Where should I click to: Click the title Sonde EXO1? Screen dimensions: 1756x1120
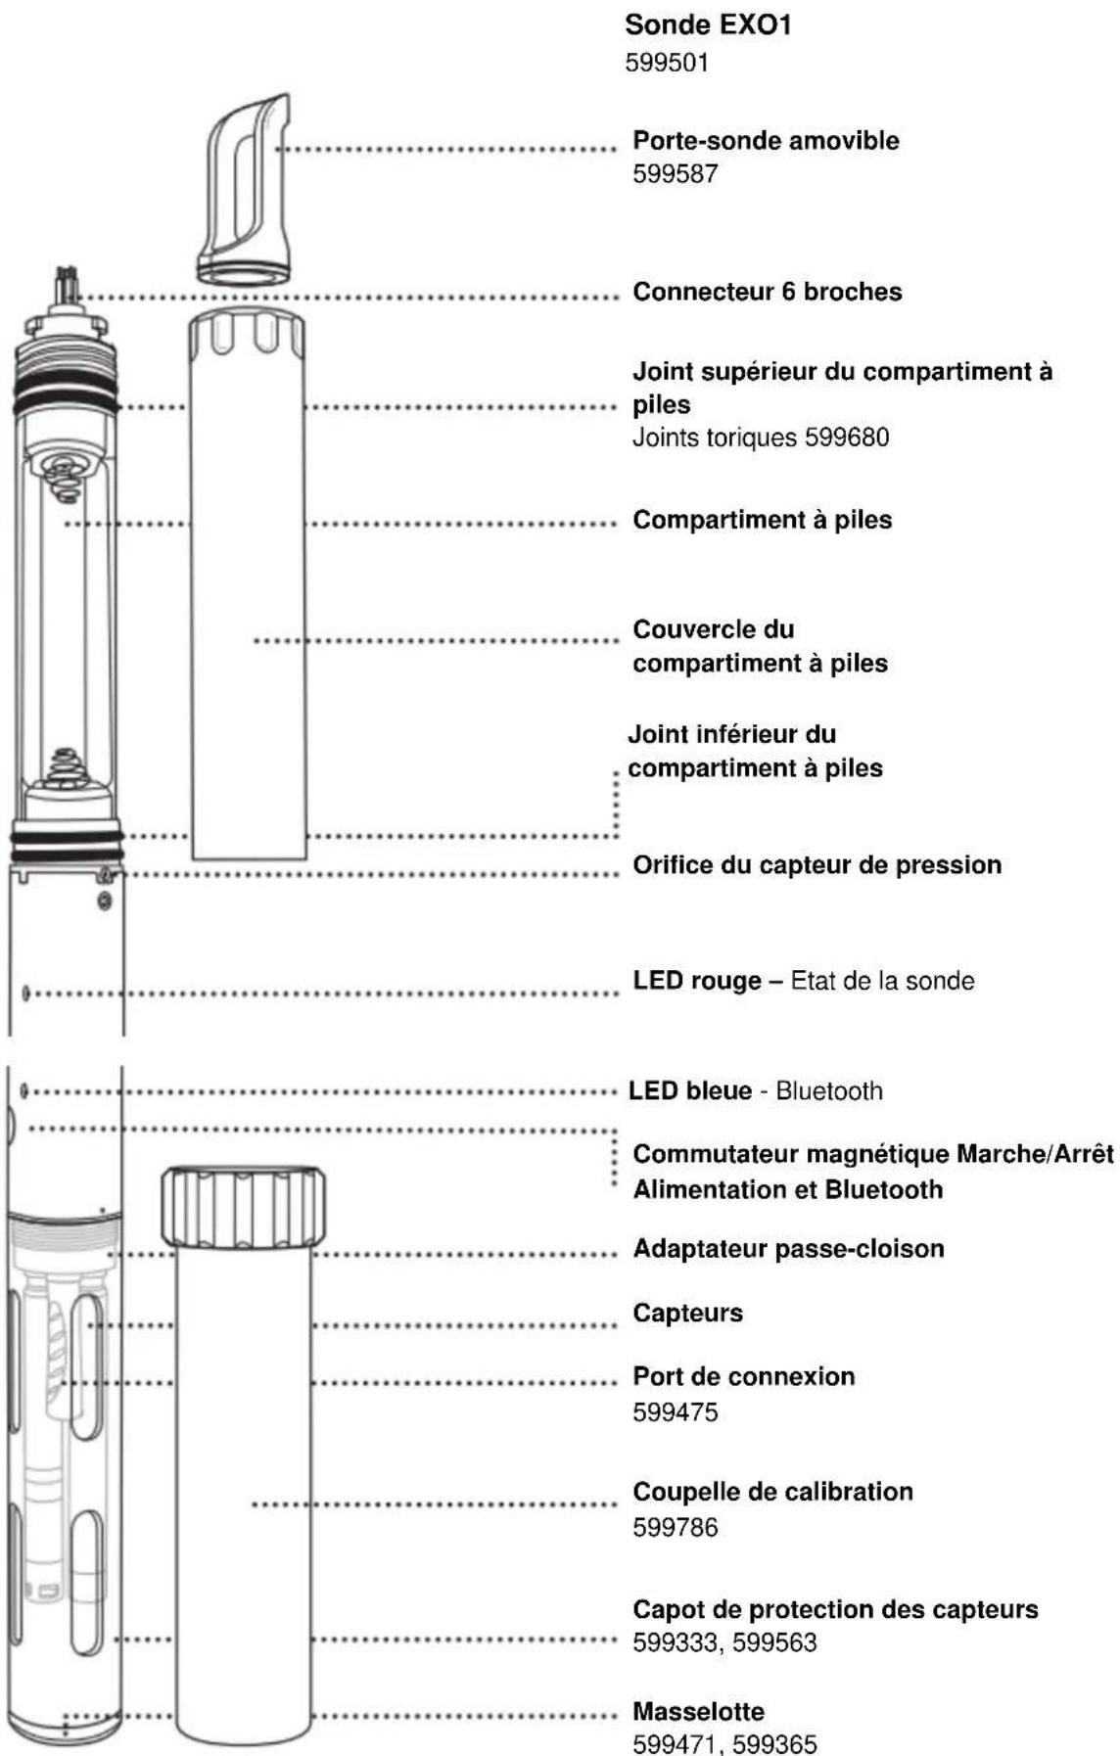pyautogui.click(x=707, y=24)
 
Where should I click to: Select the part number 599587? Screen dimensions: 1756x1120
pyautogui.click(x=675, y=174)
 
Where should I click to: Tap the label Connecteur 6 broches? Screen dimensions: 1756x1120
pyautogui.click(x=767, y=292)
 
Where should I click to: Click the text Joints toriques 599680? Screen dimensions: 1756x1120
pyautogui.click(x=760, y=437)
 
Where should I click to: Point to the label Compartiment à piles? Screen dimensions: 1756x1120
pyautogui.click(x=762, y=520)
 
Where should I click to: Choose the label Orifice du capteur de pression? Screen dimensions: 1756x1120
pyautogui.click(x=817, y=865)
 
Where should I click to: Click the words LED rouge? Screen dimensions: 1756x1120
pyautogui.click(x=696, y=981)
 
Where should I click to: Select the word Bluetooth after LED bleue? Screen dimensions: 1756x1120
pyautogui.click(x=829, y=1091)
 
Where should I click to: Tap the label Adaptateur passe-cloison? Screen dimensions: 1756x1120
pyautogui.click(x=788, y=1249)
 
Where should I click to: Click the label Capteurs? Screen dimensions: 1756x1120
pyautogui.click(x=687, y=1314)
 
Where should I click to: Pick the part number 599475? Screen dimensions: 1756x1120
pyautogui.click(x=675, y=1412)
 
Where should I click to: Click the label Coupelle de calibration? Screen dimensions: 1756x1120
pyautogui.click(x=772, y=1492)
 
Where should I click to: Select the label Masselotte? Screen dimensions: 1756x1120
pyautogui.click(x=698, y=1712)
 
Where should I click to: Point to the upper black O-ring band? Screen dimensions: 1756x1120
pyautogui.click(x=67, y=403)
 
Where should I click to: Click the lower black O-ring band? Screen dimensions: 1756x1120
pyautogui.click(x=67, y=839)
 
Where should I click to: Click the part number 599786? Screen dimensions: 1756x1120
pyautogui.click(x=675, y=1527)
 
